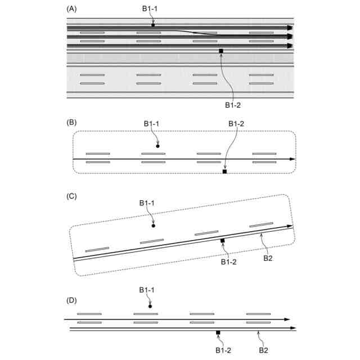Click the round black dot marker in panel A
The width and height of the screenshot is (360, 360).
(x=153, y=25)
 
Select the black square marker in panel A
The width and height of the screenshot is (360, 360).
(x=221, y=51)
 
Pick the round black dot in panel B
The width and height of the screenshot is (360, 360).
(x=157, y=146)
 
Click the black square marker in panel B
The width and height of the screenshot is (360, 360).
(x=224, y=172)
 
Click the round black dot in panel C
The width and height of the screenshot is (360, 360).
(x=154, y=226)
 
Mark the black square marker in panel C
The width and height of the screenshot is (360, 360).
(x=222, y=240)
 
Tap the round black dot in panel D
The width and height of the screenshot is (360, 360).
(x=150, y=306)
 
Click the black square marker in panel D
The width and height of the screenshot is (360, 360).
(x=218, y=332)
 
